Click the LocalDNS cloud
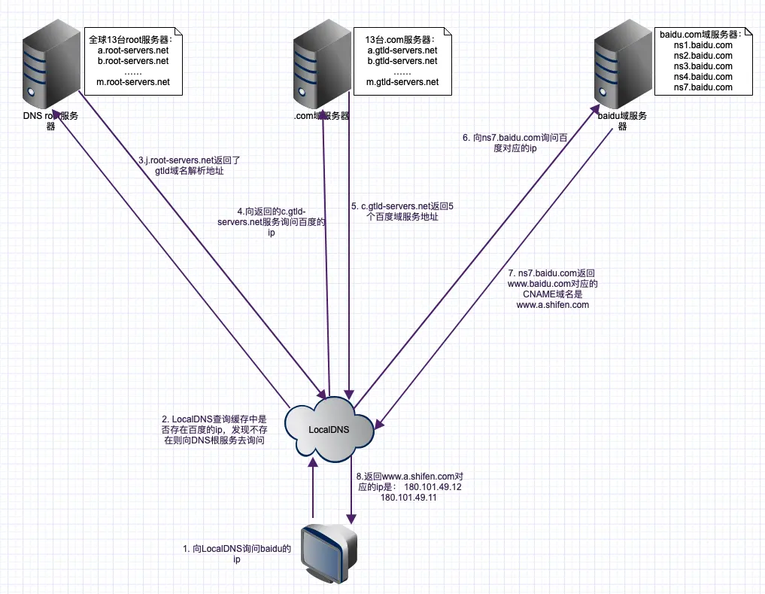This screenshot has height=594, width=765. point(329,430)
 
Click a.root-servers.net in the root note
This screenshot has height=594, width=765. point(133,50)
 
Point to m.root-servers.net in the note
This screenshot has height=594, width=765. point(134,81)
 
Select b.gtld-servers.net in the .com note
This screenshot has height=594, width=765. point(402,60)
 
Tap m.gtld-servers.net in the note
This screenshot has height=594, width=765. point(402,81)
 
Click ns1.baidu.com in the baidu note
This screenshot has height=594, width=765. point(703,45)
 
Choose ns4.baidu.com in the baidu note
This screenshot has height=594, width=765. point(703,77)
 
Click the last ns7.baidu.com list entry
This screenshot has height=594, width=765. point(703,87)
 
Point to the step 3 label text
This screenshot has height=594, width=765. point(189,166)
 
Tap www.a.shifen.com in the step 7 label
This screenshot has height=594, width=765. point(552,305)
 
